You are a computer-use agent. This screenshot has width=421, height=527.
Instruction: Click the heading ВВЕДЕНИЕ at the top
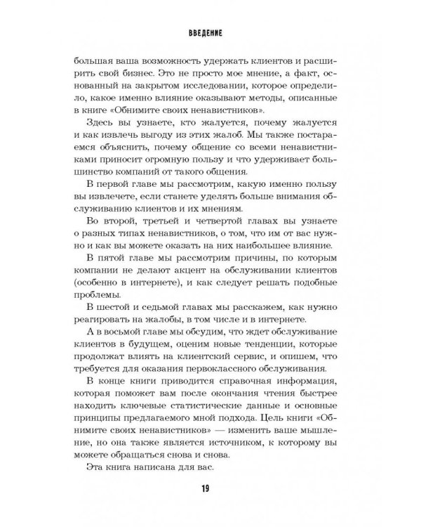(x=210, y=32)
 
